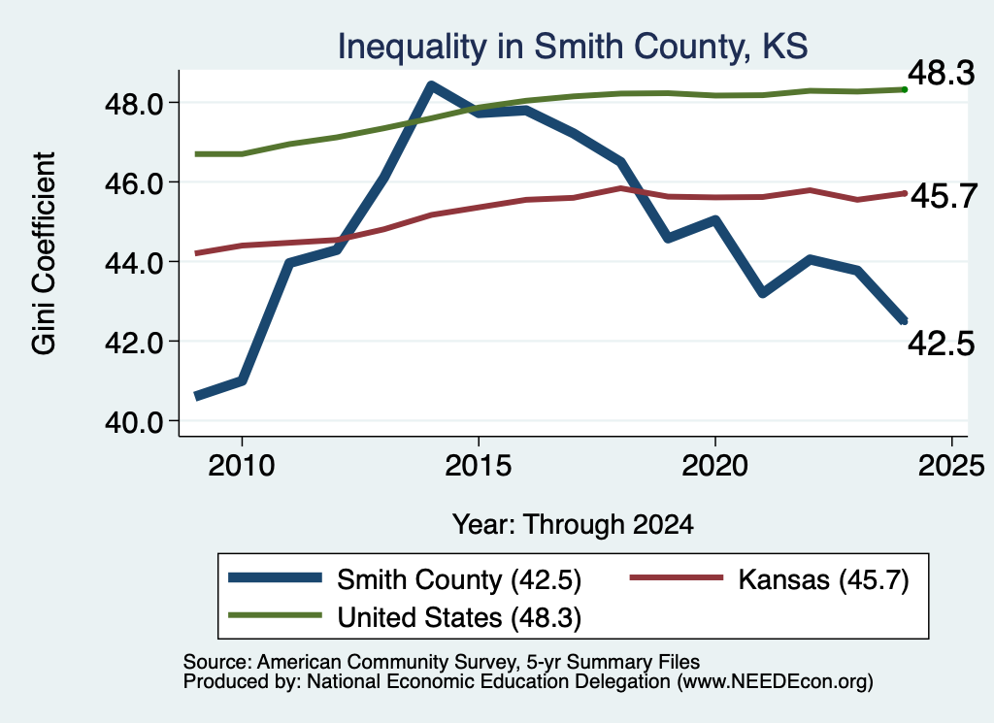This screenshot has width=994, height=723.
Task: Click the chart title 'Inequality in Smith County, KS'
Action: [x=573, y=47]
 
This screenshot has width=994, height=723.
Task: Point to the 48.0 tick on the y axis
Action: [x=134, y=103]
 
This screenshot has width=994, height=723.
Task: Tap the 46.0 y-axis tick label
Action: [x=134, y=183]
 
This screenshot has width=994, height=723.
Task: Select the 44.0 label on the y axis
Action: [x=134, y=262]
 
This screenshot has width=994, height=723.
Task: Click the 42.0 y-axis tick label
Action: [x=134, y=343]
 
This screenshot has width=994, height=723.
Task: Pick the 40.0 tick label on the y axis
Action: [x=134, y=422]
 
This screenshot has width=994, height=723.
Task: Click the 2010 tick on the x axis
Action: [x=242, y=466]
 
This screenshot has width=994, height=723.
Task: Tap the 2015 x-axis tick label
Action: [x=478, y=466]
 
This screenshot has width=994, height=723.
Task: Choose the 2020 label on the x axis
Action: [x=715, y=466]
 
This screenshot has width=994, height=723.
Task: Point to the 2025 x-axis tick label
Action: [x=951, y=466]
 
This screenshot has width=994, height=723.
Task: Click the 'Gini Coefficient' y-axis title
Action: [x=45, y=253]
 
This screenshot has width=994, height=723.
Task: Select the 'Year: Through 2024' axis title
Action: [x=573, y=525]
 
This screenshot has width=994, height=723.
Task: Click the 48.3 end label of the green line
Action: [x=941, y=74]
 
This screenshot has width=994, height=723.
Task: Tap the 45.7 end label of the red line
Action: [x=944, y=196]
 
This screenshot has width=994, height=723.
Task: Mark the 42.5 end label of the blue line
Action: [x=941, y=345]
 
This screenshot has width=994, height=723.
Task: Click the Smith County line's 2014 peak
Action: [x=431, y=85]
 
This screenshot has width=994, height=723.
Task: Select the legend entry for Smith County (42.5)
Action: [x=405, y=579]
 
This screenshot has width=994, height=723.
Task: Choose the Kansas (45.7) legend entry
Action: [x=769, y=579]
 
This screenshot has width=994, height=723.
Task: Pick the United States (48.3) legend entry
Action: [x=405, y=618]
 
